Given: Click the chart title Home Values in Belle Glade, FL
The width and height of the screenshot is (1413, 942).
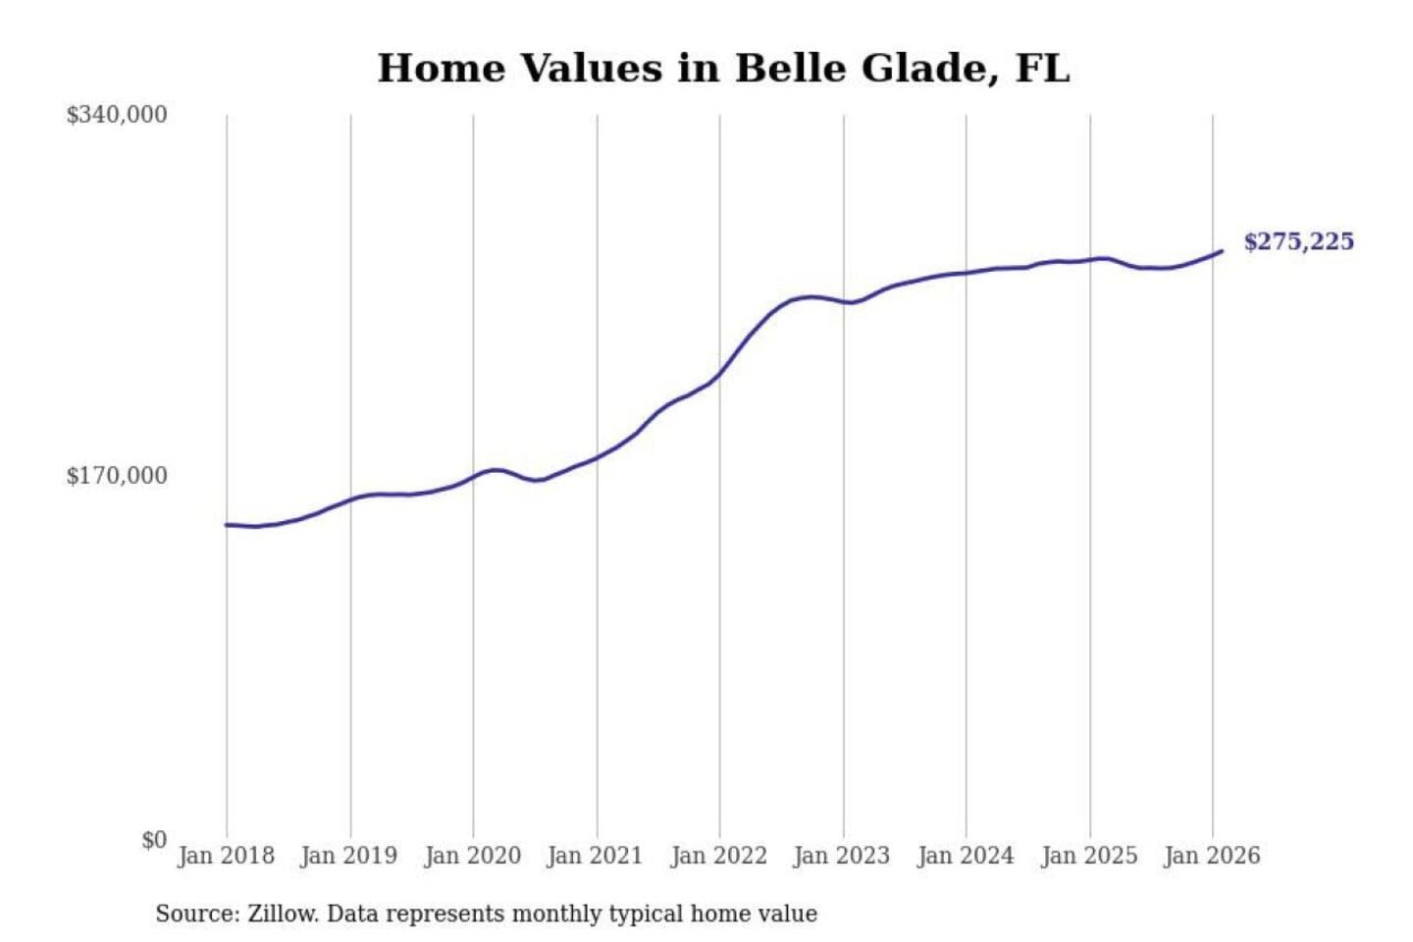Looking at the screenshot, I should pyautogui.click(x=723, y=69).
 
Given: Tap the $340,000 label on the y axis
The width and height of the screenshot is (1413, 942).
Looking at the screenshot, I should pyautogui.click(x=117, y=115).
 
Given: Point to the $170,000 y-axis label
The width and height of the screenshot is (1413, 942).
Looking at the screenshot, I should pyautogui.click(x=117, y=476).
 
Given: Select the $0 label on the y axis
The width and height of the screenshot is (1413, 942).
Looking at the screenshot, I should pyautogui.click(x=154, y=840).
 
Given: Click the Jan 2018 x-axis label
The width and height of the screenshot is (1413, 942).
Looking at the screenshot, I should pyautogui.click(x=226, y=856).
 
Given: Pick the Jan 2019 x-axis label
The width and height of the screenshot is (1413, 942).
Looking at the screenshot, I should pyautogui.click(x=349, y=856).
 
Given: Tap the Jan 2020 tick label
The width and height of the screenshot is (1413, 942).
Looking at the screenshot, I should pyautogui.click(x=472, y=856).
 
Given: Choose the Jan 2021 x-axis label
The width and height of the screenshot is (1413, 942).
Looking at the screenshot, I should pyautogui.click(x=595, y=856).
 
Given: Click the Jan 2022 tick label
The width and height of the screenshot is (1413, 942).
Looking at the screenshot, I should pyautogui.click(x=718, y=856).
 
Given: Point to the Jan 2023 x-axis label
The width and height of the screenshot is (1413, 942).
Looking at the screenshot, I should pyautogui.click(x=841, y=856).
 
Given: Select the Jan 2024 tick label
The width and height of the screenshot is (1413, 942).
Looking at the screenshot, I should pyautogui.click(x=965, y=856).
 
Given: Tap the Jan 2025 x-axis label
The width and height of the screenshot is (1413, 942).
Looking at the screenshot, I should pyautogui.click(x=1088, y=856).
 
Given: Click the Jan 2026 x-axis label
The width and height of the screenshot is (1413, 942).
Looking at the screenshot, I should pyautogui.click(x=1211, y=856).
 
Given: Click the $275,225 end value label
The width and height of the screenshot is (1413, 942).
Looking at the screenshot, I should pyautogui.click(x=1298, y=241).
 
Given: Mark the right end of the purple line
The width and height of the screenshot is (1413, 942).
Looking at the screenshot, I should pyautogui.click(x=1222, y=251).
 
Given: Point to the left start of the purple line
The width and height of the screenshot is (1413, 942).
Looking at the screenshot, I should pyautogui.click(x=227, y=525).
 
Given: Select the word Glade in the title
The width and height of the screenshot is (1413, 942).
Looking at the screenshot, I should pyautogui.click(x=922, y=69).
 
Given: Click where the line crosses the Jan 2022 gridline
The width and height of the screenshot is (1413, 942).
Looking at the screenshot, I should pyautogui.click(x=719, y=374).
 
